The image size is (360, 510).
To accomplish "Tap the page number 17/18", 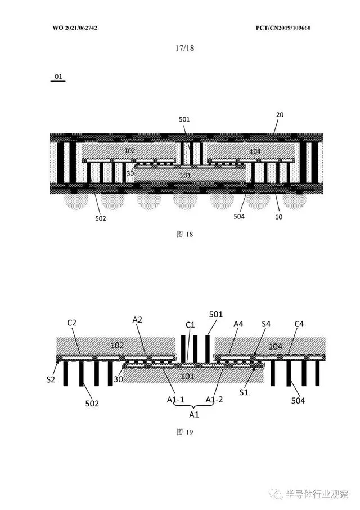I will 184,48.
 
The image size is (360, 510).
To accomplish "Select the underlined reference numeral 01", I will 58,76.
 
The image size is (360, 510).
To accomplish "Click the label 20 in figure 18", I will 280,114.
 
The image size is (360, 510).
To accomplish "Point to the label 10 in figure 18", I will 278,216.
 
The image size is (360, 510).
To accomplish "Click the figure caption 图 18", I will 184,234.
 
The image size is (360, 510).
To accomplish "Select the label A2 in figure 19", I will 137,319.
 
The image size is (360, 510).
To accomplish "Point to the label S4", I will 267,324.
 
